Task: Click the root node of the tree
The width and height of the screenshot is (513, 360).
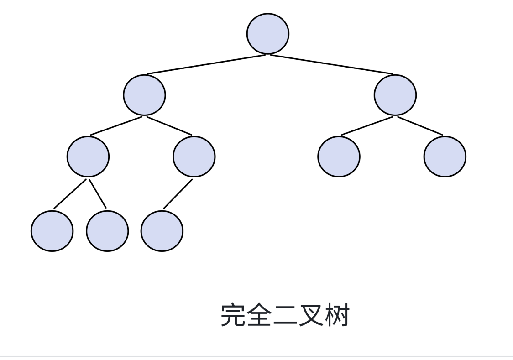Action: click(267, 34)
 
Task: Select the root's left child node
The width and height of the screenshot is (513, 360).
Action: click(144, 95)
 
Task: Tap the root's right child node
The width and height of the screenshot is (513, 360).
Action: click(395, 95)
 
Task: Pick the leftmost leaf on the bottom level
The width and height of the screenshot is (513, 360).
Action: click(52, 231)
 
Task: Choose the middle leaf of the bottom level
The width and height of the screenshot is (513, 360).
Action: click(107, 231)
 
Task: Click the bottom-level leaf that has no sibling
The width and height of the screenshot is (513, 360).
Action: click(162, 231)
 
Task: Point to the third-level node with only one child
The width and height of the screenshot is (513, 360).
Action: click(194, 157)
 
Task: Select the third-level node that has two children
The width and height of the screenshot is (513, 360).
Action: click(88, 157)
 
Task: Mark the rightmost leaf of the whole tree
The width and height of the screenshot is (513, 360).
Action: click(445, 157)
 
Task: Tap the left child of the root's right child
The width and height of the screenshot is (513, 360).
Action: click(339, 157)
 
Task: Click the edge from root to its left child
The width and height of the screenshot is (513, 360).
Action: click(205, 65)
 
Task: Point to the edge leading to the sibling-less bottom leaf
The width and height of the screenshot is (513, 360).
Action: click(178, 193)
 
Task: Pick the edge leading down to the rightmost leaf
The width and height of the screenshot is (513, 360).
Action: click(420, 126)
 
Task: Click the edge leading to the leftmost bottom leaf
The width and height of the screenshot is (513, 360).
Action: click(70, 193)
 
